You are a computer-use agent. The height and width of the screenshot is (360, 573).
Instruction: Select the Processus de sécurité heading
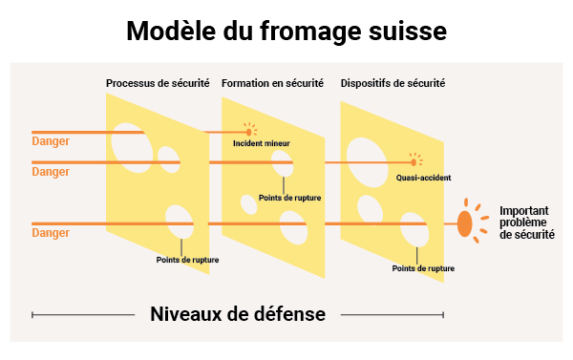pos(158,84)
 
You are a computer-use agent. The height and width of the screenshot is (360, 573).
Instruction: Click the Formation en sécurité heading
pos(272,84)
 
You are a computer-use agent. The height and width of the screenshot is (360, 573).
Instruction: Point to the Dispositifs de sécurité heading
pos(393,84)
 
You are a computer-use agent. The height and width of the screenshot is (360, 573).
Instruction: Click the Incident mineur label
pos(262,143)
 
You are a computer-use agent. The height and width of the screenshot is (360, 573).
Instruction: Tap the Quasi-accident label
pos(423,178)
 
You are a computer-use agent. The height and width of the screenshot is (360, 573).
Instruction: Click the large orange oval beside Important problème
pos(465,223)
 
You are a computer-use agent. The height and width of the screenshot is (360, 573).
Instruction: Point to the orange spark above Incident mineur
pos(251,131)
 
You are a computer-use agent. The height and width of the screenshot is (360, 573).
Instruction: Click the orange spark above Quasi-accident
pos(414,160)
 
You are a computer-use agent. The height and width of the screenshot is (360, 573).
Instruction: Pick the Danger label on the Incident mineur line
pos(51,142)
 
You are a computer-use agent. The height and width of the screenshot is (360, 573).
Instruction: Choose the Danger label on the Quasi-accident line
pos(51,172)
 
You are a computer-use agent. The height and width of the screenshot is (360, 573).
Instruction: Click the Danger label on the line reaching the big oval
pos(51,232)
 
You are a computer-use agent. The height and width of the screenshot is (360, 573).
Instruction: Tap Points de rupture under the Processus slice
pos(186,259)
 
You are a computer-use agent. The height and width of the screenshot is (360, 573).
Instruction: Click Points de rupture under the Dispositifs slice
pos(423,268)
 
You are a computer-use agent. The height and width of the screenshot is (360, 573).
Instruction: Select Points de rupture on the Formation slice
pos(290,198)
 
